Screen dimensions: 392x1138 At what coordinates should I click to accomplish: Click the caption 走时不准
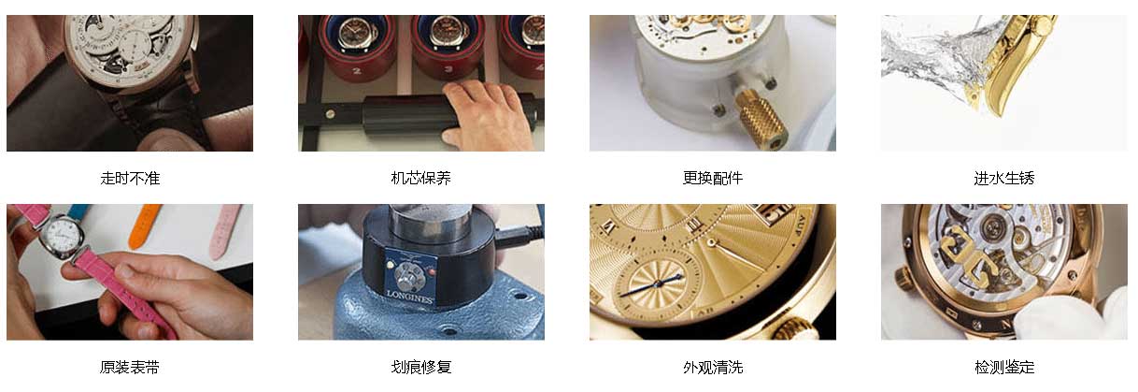pos(130,178)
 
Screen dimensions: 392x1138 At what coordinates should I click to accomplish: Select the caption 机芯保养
pos(420,178)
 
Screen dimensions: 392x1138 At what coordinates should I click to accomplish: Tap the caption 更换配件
pos(713,178)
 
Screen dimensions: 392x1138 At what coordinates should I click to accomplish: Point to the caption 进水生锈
pos(1003,178)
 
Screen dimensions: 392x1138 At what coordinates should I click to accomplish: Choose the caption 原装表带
pos(130,368)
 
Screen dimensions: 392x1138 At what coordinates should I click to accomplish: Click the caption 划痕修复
pos(420,368)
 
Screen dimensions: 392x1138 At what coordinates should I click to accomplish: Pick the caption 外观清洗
pos(713,368)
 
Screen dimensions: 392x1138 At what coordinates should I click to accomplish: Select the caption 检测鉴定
pos(1003,368)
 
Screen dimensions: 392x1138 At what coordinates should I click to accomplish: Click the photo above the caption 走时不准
pos(130,83)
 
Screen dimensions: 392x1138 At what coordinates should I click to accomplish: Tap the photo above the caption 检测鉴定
pos(1003,271)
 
